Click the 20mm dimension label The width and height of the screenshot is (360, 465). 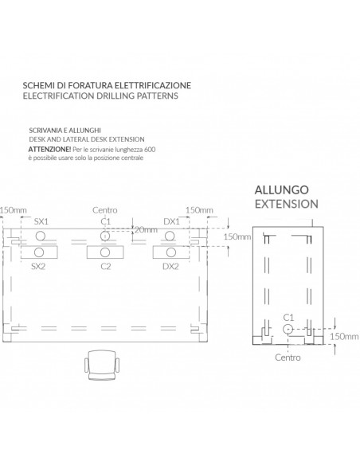click(146, 230)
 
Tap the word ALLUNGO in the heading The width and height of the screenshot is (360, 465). click(281, 190)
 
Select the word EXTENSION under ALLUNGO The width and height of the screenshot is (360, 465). click(287, 204)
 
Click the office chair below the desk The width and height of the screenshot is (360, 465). click(102, 365)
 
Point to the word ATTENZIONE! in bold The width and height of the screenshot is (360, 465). click(49, 149)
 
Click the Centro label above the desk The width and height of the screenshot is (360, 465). click(104, 210)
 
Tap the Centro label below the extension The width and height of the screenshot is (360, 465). click(288, 358)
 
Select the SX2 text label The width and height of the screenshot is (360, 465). click(38, 266)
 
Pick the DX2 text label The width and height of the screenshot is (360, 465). click(170, 266)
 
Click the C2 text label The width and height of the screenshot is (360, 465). click(106, 266)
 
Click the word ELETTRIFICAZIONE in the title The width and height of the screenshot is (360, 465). click(153, 85)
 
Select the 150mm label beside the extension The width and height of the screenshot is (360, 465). click(344, 336)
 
